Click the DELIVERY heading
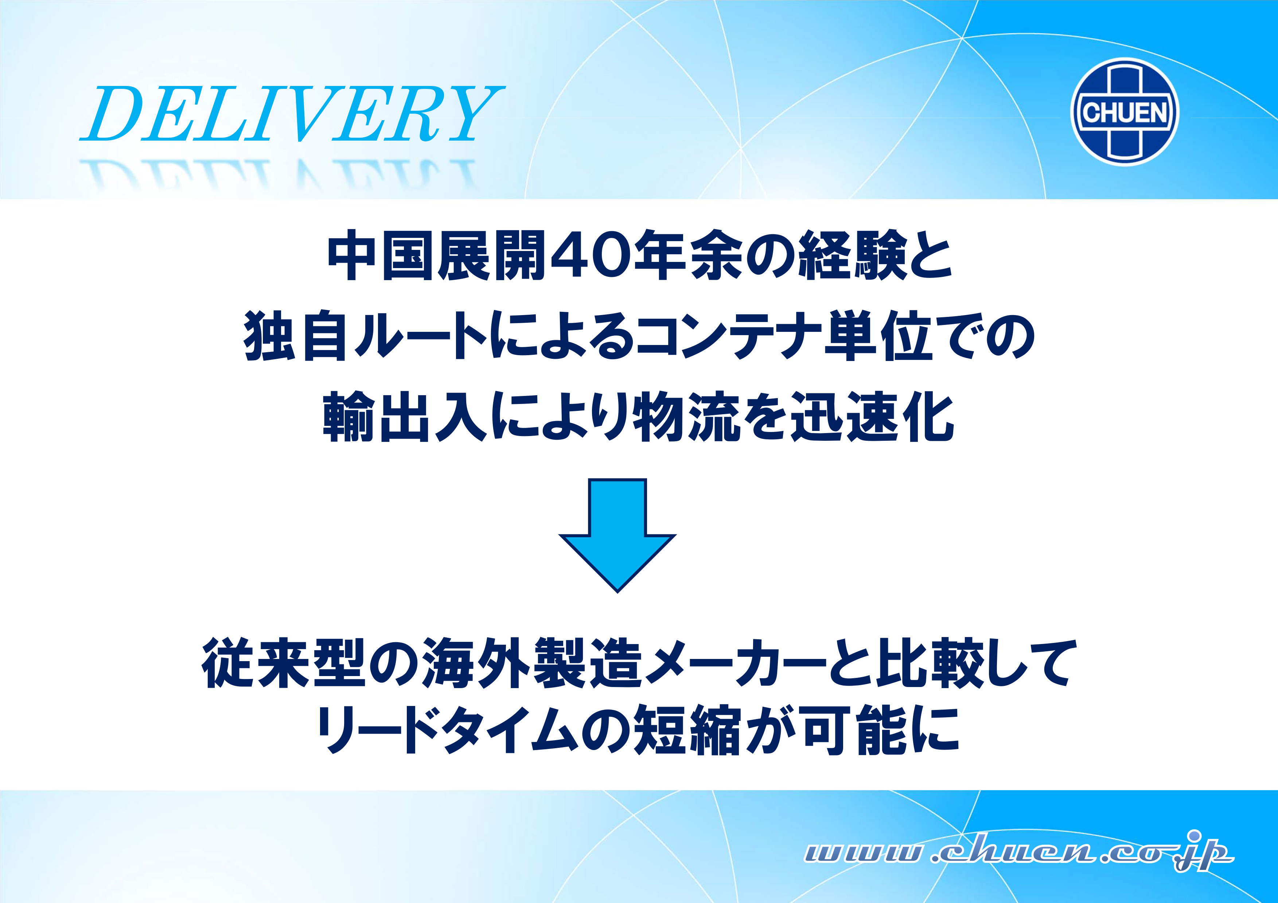tap(292, 114)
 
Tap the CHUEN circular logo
tap(1125, 112)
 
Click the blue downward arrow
tap(617, 535)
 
